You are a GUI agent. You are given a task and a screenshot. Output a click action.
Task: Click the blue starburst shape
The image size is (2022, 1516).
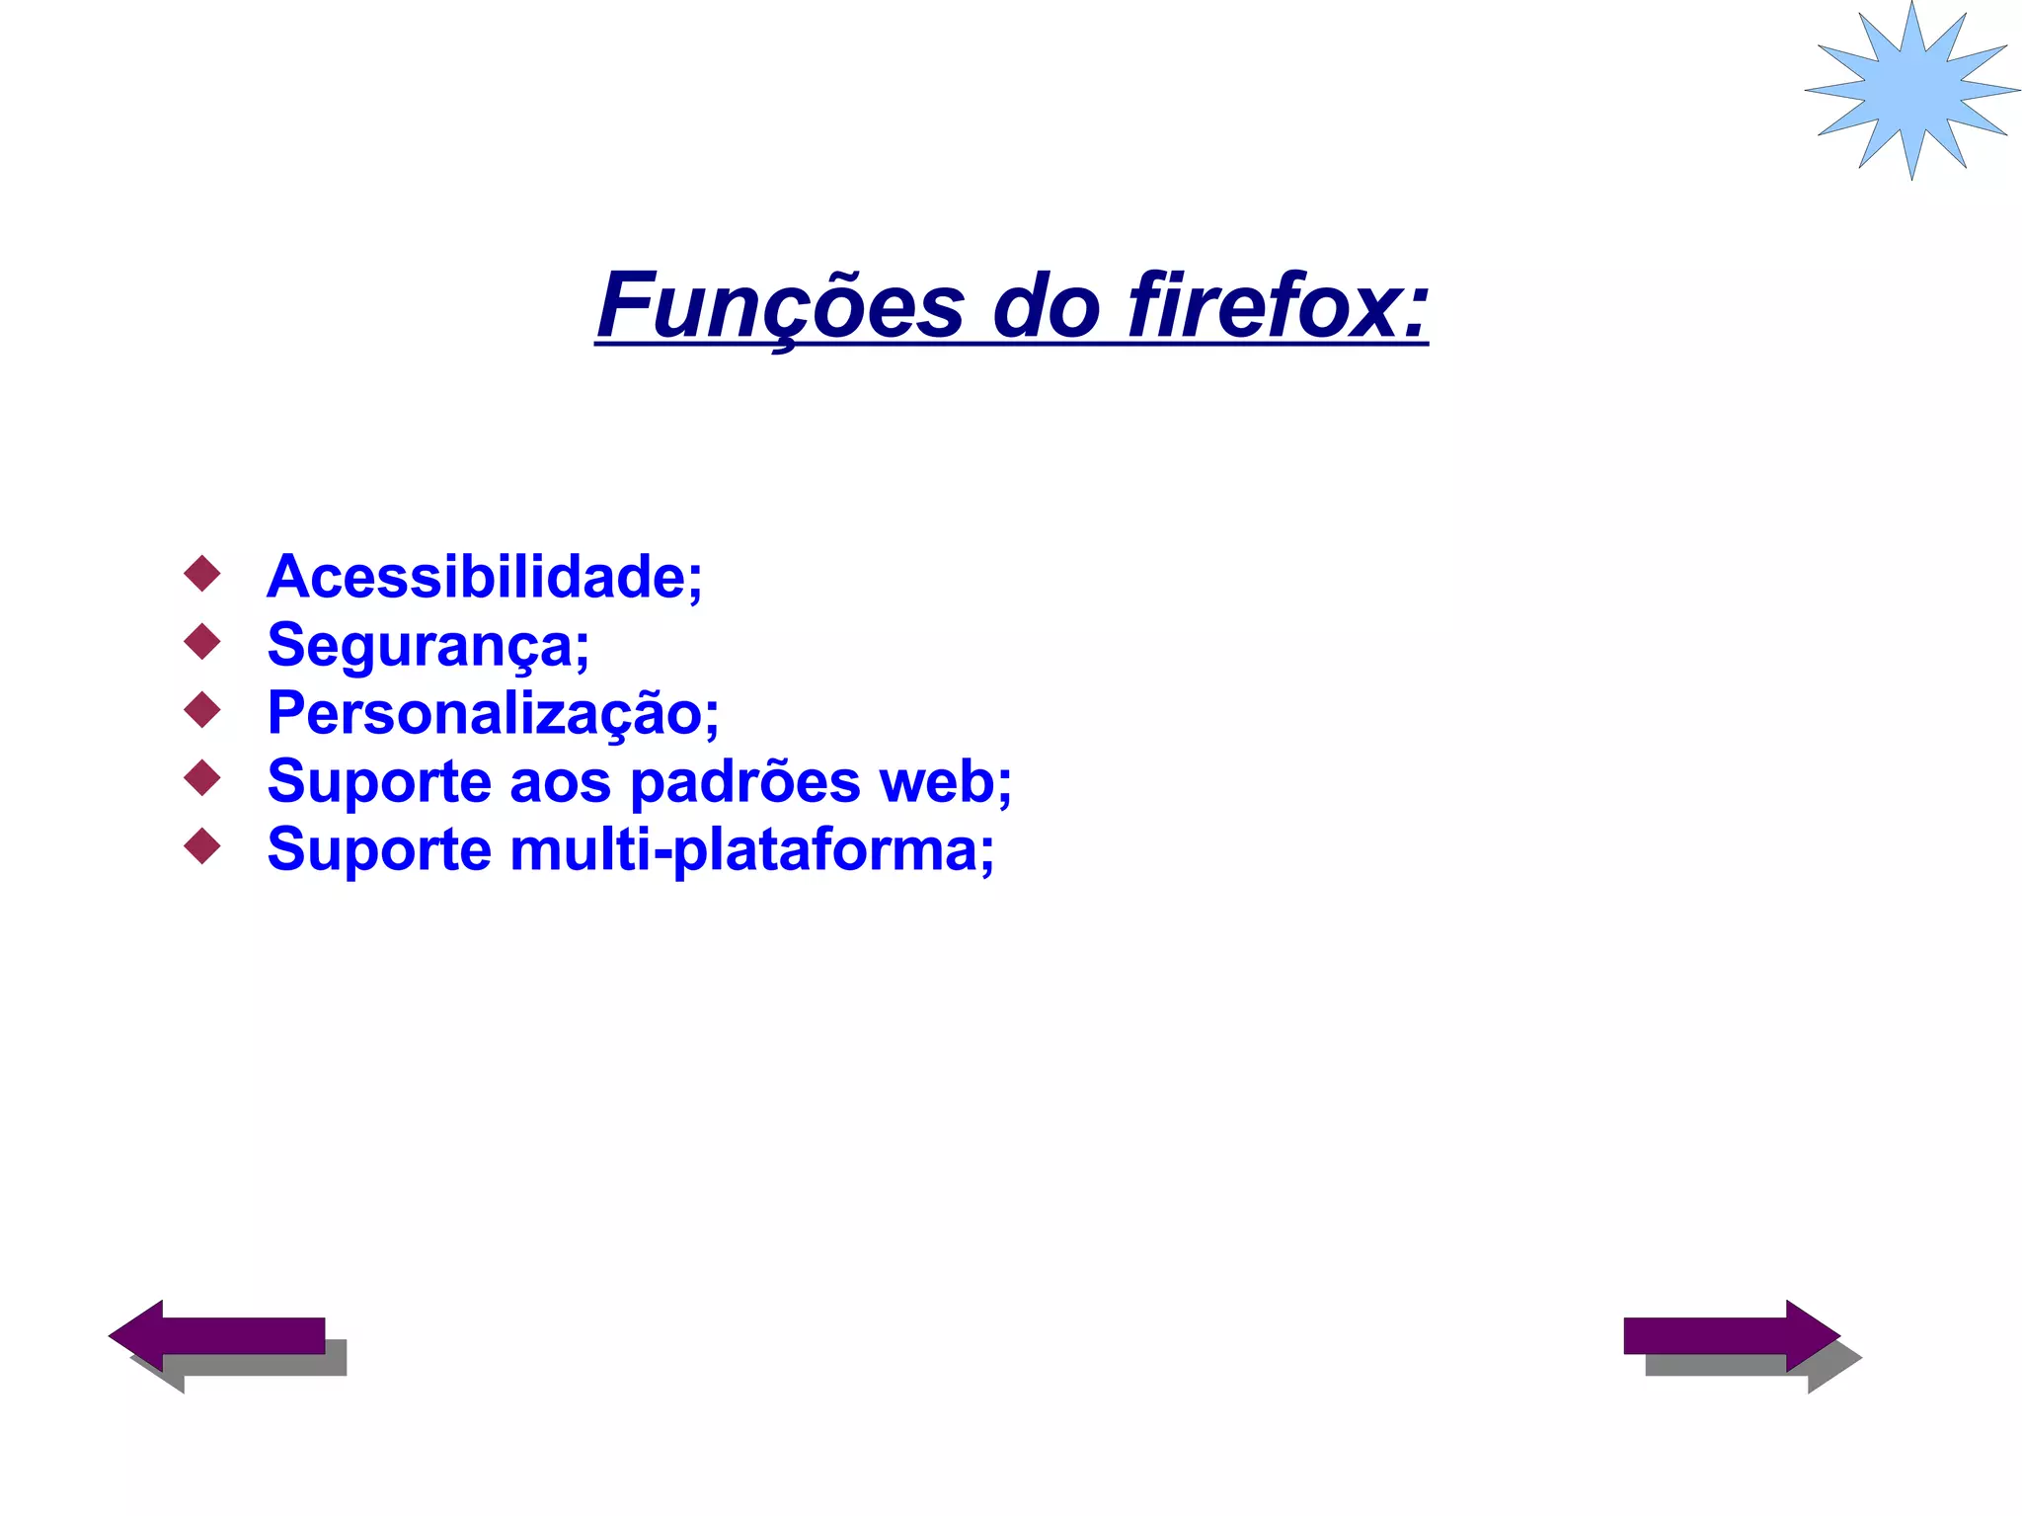point(1912,90)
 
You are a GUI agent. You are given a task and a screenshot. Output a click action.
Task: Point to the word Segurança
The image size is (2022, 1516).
point(428,646)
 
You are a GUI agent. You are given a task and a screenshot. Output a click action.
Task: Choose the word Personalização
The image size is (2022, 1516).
point(493,713)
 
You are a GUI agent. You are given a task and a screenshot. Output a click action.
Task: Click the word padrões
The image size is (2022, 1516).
point(745,782)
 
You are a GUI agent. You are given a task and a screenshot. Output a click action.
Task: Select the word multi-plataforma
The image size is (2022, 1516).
point(751,850)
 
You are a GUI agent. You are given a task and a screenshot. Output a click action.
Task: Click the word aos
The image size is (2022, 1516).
point(560,782)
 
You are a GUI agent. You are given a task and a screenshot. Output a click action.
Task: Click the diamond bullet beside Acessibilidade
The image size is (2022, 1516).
point(202,574)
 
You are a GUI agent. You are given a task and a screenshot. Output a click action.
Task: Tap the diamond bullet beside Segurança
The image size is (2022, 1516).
point(202,642)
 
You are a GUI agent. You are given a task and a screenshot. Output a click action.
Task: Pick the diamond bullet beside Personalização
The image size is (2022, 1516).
point(202,710)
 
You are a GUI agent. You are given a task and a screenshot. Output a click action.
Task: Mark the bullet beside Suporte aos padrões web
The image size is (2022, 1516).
point(202,777)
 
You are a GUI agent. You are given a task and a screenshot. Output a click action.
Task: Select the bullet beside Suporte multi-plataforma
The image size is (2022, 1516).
point(202,845)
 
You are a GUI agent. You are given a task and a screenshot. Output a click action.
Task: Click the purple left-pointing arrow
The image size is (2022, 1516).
point(217,1335)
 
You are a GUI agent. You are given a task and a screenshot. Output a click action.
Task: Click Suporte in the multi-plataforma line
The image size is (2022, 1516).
point(379,850)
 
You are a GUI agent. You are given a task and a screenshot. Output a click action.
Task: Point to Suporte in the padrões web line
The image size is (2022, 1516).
point(379,782)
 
